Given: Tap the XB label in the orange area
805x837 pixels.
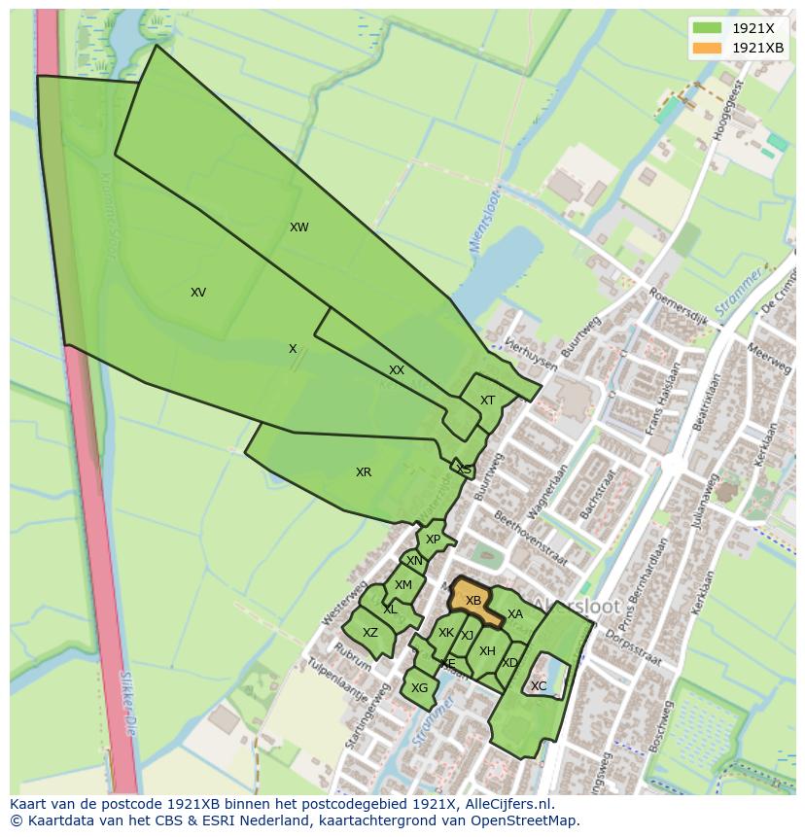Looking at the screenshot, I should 473,601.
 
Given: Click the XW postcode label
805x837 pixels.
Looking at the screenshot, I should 298,227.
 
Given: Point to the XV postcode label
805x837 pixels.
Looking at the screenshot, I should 198,293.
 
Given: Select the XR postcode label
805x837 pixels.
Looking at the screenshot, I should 364,472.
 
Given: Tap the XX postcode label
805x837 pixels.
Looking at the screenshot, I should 397,370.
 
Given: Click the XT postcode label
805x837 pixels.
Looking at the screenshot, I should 487,401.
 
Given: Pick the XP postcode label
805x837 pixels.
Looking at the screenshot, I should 433,540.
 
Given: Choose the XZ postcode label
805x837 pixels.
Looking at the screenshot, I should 369,633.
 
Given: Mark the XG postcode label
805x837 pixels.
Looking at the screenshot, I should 419,688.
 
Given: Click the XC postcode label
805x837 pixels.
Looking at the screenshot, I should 539,686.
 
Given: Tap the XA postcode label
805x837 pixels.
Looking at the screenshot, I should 515,614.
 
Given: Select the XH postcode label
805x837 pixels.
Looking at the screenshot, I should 487,651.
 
